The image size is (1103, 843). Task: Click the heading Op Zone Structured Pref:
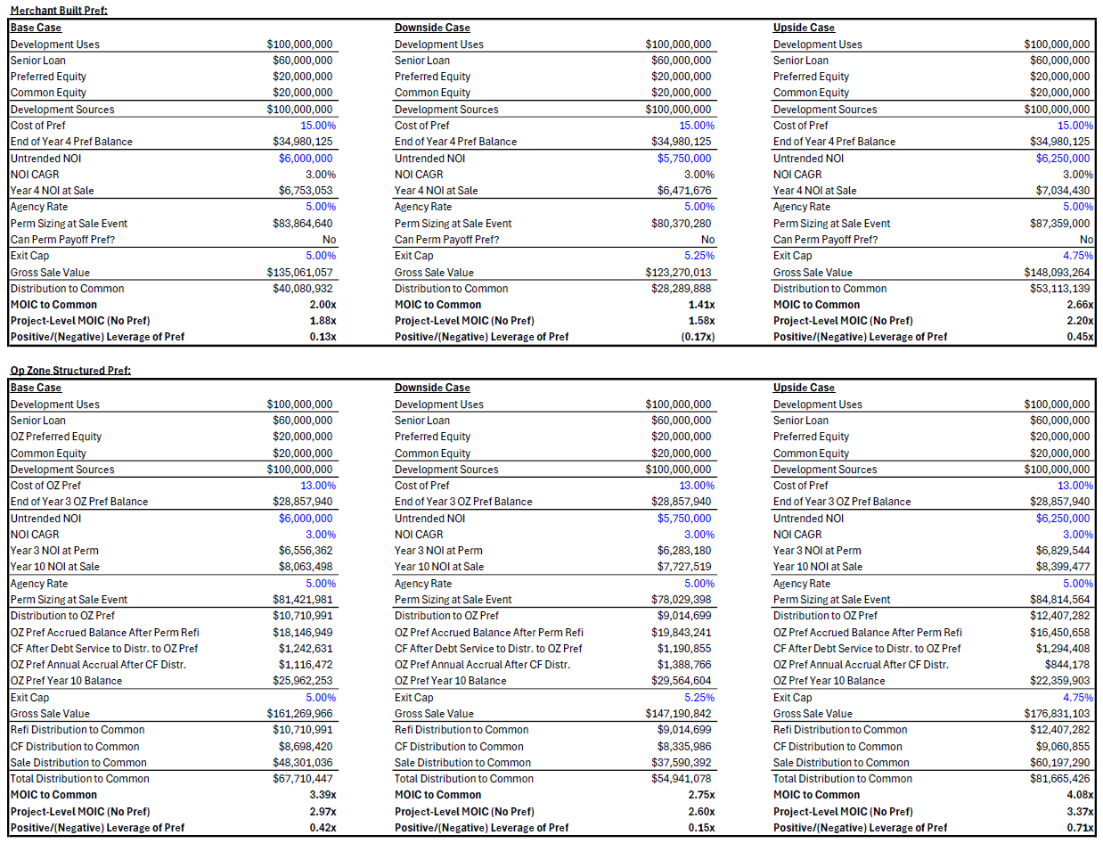70,371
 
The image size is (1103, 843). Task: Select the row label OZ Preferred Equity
55,437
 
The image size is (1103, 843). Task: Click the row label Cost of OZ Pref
45,486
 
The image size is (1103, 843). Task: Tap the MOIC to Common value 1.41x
701,305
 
